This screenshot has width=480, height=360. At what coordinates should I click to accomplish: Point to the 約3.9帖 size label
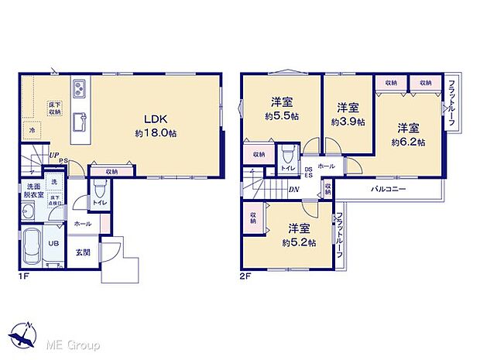[x=347, y=122]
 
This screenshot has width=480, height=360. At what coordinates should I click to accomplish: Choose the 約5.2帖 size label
[x=299, y=242]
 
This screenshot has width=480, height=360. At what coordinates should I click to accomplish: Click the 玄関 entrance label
[x=83, y=252]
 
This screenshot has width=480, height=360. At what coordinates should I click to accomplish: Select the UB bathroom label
[x=54, y=242]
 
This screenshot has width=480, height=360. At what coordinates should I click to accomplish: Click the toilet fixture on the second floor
[x=287, y=153]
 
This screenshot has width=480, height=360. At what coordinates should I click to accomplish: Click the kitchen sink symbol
[x=80, y=122]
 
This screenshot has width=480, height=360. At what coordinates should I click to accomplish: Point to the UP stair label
[x=53, y=156]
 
